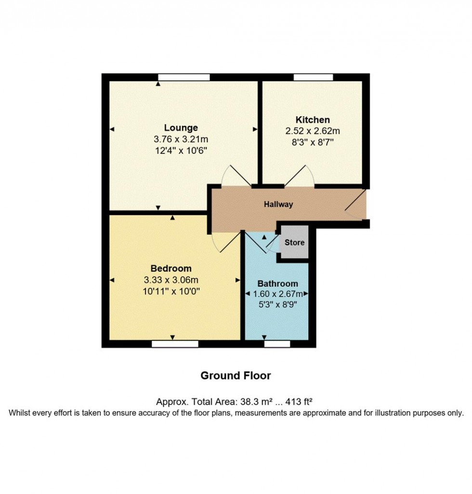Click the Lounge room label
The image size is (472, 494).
(x=181, y=128)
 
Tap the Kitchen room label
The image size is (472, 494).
(x=313, y=120)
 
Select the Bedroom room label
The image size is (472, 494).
(x=171, y=268)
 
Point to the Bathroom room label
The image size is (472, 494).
(x=277, y=283)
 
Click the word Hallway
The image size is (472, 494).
(x=278, y=204)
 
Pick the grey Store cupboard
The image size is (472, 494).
(x=294, y=242)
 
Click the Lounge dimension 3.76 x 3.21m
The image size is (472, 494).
(x=181, y=140)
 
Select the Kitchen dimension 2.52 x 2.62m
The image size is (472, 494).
(x=313, y=130)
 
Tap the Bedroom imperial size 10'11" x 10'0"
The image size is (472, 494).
(x=171, y=291)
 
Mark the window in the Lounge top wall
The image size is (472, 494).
(x=184, y=77)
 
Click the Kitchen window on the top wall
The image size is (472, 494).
(x=313, y=77)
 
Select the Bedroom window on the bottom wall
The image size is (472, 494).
(x=175, y=344)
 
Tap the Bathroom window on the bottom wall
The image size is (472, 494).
(x=277, y=344)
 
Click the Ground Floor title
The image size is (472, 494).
(x=236, y=375)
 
